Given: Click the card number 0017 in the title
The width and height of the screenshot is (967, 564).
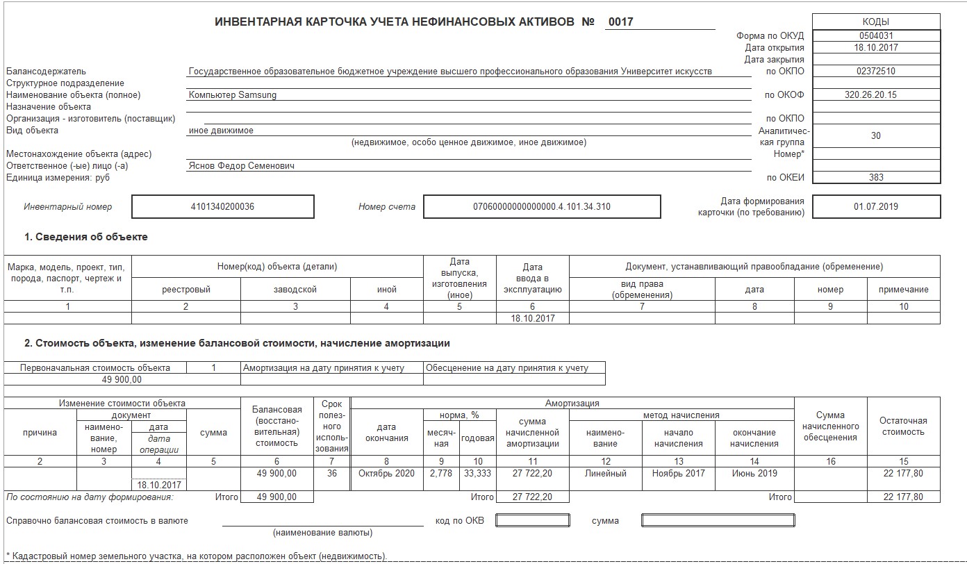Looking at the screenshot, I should pyautogui.click(x=620, y=22).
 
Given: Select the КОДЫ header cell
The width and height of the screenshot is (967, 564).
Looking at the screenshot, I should pyautogui.click(x=875, y=22).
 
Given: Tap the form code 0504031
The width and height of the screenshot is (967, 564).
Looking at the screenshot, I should pyautogui.click(x=875, y=35).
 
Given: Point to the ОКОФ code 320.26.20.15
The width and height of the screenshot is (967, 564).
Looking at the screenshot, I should pyautogui.click(x=875, y=95).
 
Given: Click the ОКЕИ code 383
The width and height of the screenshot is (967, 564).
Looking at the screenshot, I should pyautogui.click(x=876, y=177).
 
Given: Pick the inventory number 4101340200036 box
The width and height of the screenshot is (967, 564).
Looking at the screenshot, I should pyautogui.click(x=222, y=206).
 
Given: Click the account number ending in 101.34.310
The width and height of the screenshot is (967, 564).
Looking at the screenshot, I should pyautogui.click(x=541, y=206).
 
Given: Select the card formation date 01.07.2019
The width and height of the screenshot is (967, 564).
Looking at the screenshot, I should pyautogui.click(x=875, y=206).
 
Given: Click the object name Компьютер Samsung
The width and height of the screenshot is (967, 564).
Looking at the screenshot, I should pyautogui.click(x=232, y=95).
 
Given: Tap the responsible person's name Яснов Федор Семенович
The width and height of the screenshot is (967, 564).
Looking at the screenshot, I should pyautogui.click(x=241, y=166).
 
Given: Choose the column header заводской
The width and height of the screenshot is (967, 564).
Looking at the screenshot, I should pyautogui.click(x=295, y=290).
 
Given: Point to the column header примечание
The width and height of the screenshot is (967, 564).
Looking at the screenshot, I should pyautogui.click(x=903, y=290).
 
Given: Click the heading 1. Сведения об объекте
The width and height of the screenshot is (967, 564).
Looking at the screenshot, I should pyautogui.click(x=86, y=238).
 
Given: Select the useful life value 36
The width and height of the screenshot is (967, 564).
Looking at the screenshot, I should pyautogui.click(x=331, y=474).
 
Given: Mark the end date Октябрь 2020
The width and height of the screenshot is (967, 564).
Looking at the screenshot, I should pyautogui.click(x=386, y=474).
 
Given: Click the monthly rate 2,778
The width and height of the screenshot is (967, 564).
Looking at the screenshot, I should pyautogui.click(x=441, y=474).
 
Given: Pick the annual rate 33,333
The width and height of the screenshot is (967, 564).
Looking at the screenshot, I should pyautogui.click(x=477, y=474).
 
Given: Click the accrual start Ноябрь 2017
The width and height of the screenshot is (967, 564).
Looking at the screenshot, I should pyautogui.click(x=679, y=474).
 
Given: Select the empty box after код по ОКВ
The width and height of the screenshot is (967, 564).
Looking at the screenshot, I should pyautogui.click(x=533, y=520).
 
